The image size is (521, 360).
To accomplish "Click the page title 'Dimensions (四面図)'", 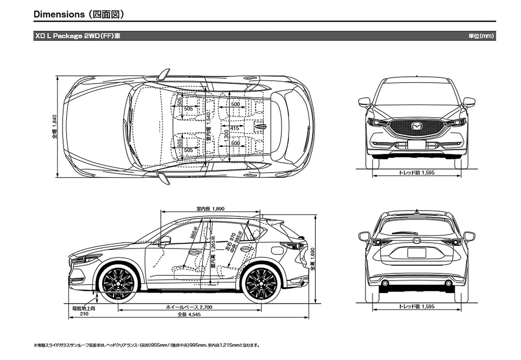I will [x=78, y=14].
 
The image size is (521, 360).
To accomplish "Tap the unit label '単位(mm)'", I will [x=482, y=36].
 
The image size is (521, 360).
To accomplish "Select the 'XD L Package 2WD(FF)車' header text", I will [x=76, y=36].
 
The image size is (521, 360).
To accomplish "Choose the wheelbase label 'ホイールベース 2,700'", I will [x=189, y=308].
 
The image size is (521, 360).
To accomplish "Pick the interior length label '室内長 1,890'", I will [x=210, y=209].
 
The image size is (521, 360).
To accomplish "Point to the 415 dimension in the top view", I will [x=235, y=128].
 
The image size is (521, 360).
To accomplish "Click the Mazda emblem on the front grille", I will [x=417, y=126].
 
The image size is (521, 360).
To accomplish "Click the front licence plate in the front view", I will [x=417, y=145].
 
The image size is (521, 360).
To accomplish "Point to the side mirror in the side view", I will [x=165, y=240].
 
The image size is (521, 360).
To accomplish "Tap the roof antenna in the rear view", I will [x=417, y=211].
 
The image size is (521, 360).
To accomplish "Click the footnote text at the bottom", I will [x=147, y=345].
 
